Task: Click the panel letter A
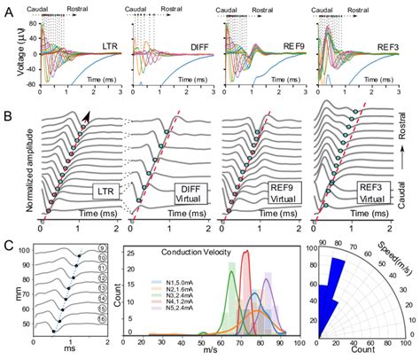[x=9, y=8]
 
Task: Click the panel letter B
[x=9, y=115]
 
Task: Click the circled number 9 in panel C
[x=102, y=249]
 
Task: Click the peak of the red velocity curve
[x=245, y=253]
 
